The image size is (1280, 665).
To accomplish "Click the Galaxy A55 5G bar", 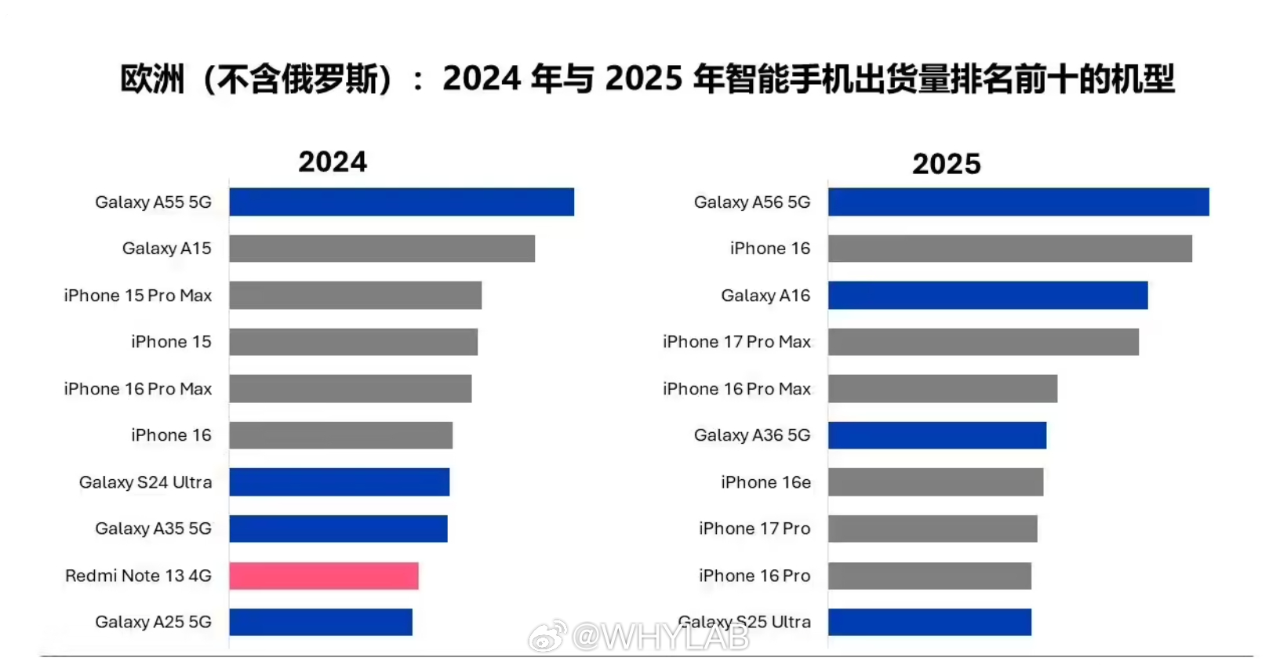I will (x=401, y=202).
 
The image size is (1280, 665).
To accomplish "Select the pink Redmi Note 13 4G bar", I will (x=323, y=576).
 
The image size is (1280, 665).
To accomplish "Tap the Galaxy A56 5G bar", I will (x=1018, y=202).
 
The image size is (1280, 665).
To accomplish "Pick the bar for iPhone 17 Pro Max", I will (x=983, y=342).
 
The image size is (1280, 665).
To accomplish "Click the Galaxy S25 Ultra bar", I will (x=929, y=622).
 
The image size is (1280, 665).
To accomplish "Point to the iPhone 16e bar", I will (x=935, y=482).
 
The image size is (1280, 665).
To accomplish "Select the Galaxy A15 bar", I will (x=381, y=249).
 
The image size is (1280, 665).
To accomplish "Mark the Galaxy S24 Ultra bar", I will (x=339, y=482).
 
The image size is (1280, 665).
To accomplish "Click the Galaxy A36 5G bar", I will (x=936, y=435).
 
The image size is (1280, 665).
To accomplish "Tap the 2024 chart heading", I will (x=333, y=162).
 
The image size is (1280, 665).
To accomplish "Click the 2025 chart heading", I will (x=946, y=164).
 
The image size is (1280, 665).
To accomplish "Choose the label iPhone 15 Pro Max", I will (x=138, y=296).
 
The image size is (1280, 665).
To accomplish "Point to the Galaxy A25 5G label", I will (x=153, y=622).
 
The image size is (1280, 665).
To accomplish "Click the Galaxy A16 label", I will (x=765, y=296).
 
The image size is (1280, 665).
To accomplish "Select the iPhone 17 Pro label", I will (x=755, y=529).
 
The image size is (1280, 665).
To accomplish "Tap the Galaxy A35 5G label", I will (x=153, y=529).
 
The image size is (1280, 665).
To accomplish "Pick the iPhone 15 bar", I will (x=353, y=342).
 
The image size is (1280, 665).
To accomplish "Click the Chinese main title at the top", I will (x=647, y=79).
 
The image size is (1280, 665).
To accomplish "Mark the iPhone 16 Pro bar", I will (x=929, y=576).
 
